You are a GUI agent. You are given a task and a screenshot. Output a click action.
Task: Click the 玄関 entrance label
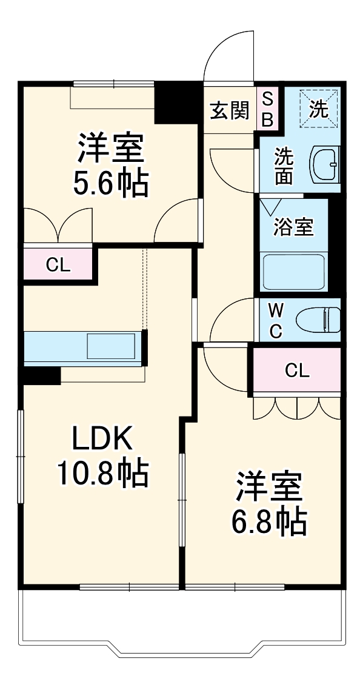point(229,111)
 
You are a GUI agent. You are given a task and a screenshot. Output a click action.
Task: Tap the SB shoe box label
point(267,108)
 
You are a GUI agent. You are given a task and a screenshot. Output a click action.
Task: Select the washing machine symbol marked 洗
point(319,109)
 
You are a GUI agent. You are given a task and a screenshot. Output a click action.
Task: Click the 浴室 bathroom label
point(293,227)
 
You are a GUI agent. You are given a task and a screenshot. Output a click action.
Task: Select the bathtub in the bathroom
point(294,272)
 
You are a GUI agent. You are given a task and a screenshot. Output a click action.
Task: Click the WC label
point(275,321)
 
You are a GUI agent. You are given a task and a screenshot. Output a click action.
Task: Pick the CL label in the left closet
point(58,264)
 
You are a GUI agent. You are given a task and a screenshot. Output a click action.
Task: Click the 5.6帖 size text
point(110,184)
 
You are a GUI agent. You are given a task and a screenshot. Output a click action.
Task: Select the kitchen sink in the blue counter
point(111,347)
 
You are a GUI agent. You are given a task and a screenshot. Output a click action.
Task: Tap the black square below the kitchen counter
point(41,376)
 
